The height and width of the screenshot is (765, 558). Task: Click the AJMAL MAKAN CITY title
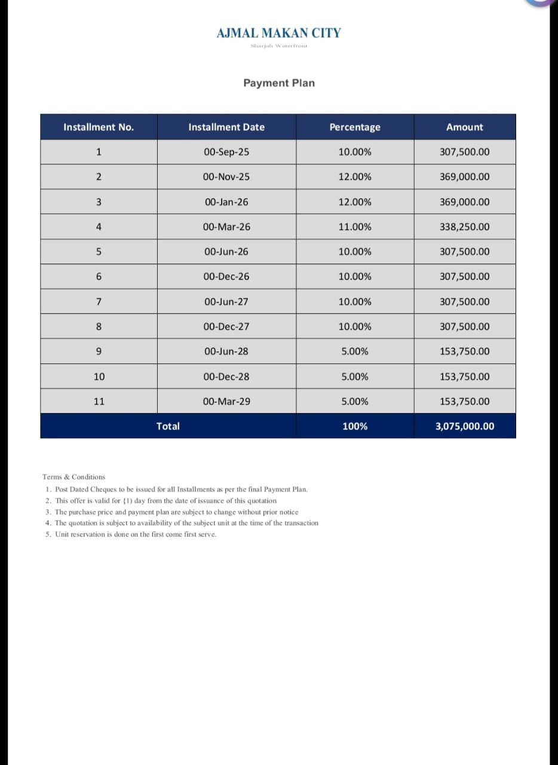pos(278,33)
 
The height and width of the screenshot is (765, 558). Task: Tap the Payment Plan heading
pos(278,83)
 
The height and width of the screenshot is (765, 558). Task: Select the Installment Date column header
pos(226,127)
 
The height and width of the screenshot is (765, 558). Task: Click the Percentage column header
pos(354,127)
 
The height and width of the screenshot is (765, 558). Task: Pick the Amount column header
pos(464,127)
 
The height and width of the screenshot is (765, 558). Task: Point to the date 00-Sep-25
pos(226,152)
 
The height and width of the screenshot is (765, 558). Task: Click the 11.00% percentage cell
pos(354,227)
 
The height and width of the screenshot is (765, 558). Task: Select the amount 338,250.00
pos(464,227)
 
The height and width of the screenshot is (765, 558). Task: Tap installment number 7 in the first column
pos(99,301)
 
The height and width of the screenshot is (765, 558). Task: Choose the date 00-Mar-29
pos(226,401)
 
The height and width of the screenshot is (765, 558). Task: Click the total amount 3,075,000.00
pos(465,426)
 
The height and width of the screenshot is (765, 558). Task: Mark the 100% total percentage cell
pos(354,426)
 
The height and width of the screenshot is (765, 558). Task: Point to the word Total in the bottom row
pos(168,426)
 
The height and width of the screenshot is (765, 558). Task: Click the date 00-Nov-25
pos(226,176)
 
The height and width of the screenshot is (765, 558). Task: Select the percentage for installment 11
pos(354,401)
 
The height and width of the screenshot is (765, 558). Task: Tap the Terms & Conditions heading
pos(73,477)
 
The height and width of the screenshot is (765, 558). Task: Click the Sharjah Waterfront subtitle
pos(278,46)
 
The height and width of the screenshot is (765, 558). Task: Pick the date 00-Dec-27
pos(226,326)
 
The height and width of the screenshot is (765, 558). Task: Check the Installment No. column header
pos(99,127)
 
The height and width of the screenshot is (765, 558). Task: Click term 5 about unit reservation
pos(131,534)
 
